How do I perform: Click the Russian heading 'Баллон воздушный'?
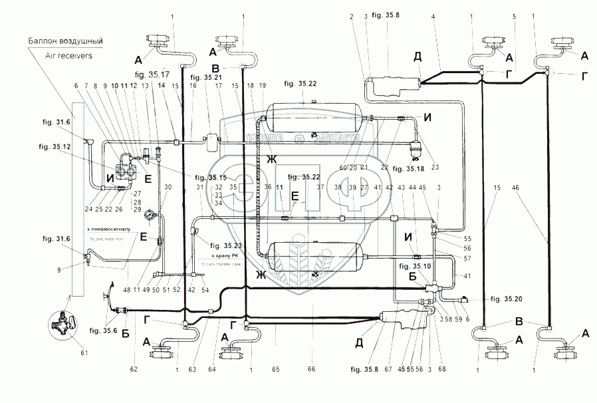point(64,41)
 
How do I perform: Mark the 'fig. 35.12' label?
point(55,147)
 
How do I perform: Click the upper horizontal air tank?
point(312,118)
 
